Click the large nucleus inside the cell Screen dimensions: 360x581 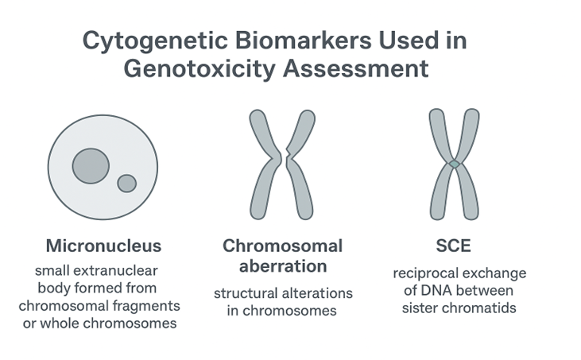click(91, 165)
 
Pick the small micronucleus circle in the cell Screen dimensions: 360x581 click(126, 183)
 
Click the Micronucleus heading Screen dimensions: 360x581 click(103, 245)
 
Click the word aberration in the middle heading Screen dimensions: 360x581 click(282, 266)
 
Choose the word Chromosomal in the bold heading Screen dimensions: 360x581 click(282, 246)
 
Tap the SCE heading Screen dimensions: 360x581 click(454, 245)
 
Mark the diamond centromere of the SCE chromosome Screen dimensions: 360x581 click(454, 163)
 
